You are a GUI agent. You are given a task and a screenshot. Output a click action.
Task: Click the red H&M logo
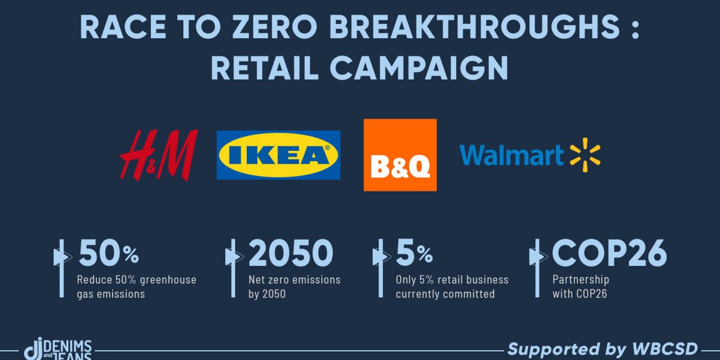(159, 154)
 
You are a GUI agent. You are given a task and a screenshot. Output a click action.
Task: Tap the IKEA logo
(278, 154)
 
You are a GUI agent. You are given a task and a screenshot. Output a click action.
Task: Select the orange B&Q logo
(400, 154)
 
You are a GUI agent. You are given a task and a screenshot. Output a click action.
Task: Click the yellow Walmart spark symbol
(585, 154)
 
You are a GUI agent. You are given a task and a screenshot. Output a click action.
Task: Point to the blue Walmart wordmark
(511, 155)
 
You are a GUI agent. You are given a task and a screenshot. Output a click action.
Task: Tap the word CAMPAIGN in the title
(419, 68)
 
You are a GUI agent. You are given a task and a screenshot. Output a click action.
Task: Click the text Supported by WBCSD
(603, 348)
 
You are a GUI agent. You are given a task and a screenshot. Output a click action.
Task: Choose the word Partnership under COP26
(581, 279)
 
